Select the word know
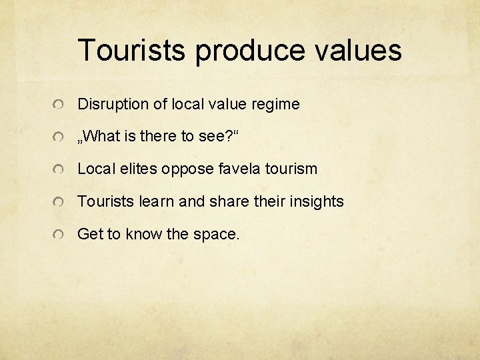[x=140, y=233]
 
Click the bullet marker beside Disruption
[x=59, y=105]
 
